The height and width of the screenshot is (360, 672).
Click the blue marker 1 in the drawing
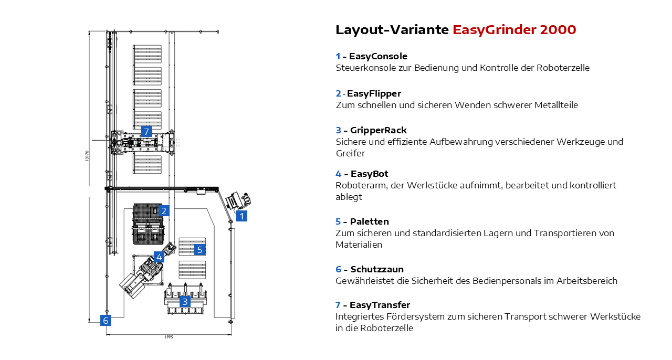pos(241,216)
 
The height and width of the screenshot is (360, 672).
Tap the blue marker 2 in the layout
pos(164,211)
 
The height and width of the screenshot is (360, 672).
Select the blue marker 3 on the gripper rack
pos(184,302)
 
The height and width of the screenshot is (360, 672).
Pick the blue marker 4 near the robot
pos(159,257)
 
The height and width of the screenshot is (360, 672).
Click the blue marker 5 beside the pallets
pos(199,250)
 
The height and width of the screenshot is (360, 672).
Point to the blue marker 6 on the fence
pos(106,320)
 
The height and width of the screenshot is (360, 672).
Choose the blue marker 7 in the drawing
pos(146,131)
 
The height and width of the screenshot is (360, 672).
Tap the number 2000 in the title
pos(558,29)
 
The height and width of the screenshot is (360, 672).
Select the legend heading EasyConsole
pos(378,56)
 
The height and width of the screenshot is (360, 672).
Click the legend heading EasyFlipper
pos(374,93)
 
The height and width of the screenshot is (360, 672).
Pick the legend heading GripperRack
pos(378,130)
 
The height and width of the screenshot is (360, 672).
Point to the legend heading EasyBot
pos(369,174)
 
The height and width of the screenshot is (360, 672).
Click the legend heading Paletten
pos(370,221)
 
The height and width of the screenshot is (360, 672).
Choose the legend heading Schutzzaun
pos(377,269)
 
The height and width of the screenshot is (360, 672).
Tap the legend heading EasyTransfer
pos(380,305)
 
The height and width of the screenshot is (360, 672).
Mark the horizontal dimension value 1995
pos(169,337)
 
